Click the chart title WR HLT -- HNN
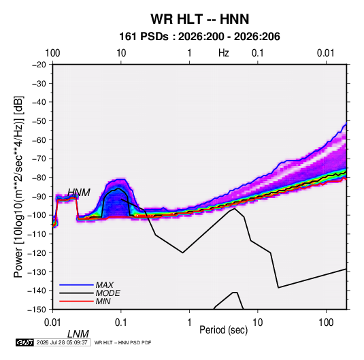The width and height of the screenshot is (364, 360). [200, 19]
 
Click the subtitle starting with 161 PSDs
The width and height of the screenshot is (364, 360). [199, 37]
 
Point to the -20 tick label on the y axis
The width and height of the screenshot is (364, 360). [39, 65]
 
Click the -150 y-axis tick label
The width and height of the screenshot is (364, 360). [37, 310]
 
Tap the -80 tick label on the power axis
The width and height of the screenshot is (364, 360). [39, 178]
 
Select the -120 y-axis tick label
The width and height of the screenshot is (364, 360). [37, 252]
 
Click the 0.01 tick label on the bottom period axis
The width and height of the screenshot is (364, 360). [52, 323]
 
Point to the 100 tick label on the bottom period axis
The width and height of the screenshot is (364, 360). [326, 323]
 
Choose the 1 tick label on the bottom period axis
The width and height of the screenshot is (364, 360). [189, 323]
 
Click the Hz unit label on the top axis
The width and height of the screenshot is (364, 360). [224, 53]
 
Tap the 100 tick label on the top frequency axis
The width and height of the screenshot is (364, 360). [52, 53]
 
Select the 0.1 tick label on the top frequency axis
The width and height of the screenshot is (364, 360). [258, 53]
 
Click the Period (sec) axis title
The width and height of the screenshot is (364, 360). [224, 330]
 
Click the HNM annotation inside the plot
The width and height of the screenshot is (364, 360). [79, 193]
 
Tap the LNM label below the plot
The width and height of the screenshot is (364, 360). [78, 334]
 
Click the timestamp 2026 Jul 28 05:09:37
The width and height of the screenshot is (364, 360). [62, 342]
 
